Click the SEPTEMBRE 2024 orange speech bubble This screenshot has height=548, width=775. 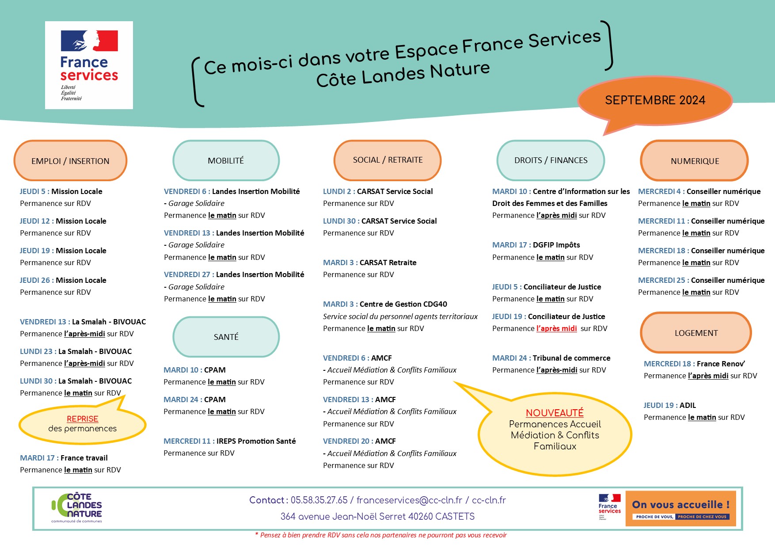click(x=655, y=100)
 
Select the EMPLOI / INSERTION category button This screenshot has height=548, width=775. click(x=70, y=161)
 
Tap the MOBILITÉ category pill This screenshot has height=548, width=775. click(x=226, y=160)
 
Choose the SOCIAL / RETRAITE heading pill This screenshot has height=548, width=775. click(x=387, y=160)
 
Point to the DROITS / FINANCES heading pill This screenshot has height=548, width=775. click(x=551, y=160)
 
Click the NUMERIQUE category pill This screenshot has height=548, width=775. click(x=695, y=161)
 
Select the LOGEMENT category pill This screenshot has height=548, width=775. click(x=696, y=333)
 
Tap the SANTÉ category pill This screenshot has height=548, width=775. click(x=226, y=337)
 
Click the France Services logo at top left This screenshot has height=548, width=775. click(x=89, y=65)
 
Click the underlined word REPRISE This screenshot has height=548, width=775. click(x=83, y=419)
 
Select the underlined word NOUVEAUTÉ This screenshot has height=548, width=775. click(x=555, y=413)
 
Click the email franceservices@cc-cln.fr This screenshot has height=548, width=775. click(x=409, y=500)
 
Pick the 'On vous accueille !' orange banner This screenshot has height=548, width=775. click(x=680, y=508)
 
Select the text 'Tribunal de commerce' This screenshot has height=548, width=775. click(x=571, y=358)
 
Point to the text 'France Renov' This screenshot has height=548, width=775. click(x=721, y=364)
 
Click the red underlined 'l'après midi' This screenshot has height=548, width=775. click(x=557, y=328)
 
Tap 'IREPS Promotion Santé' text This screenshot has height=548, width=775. click(x=256, y=441)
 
